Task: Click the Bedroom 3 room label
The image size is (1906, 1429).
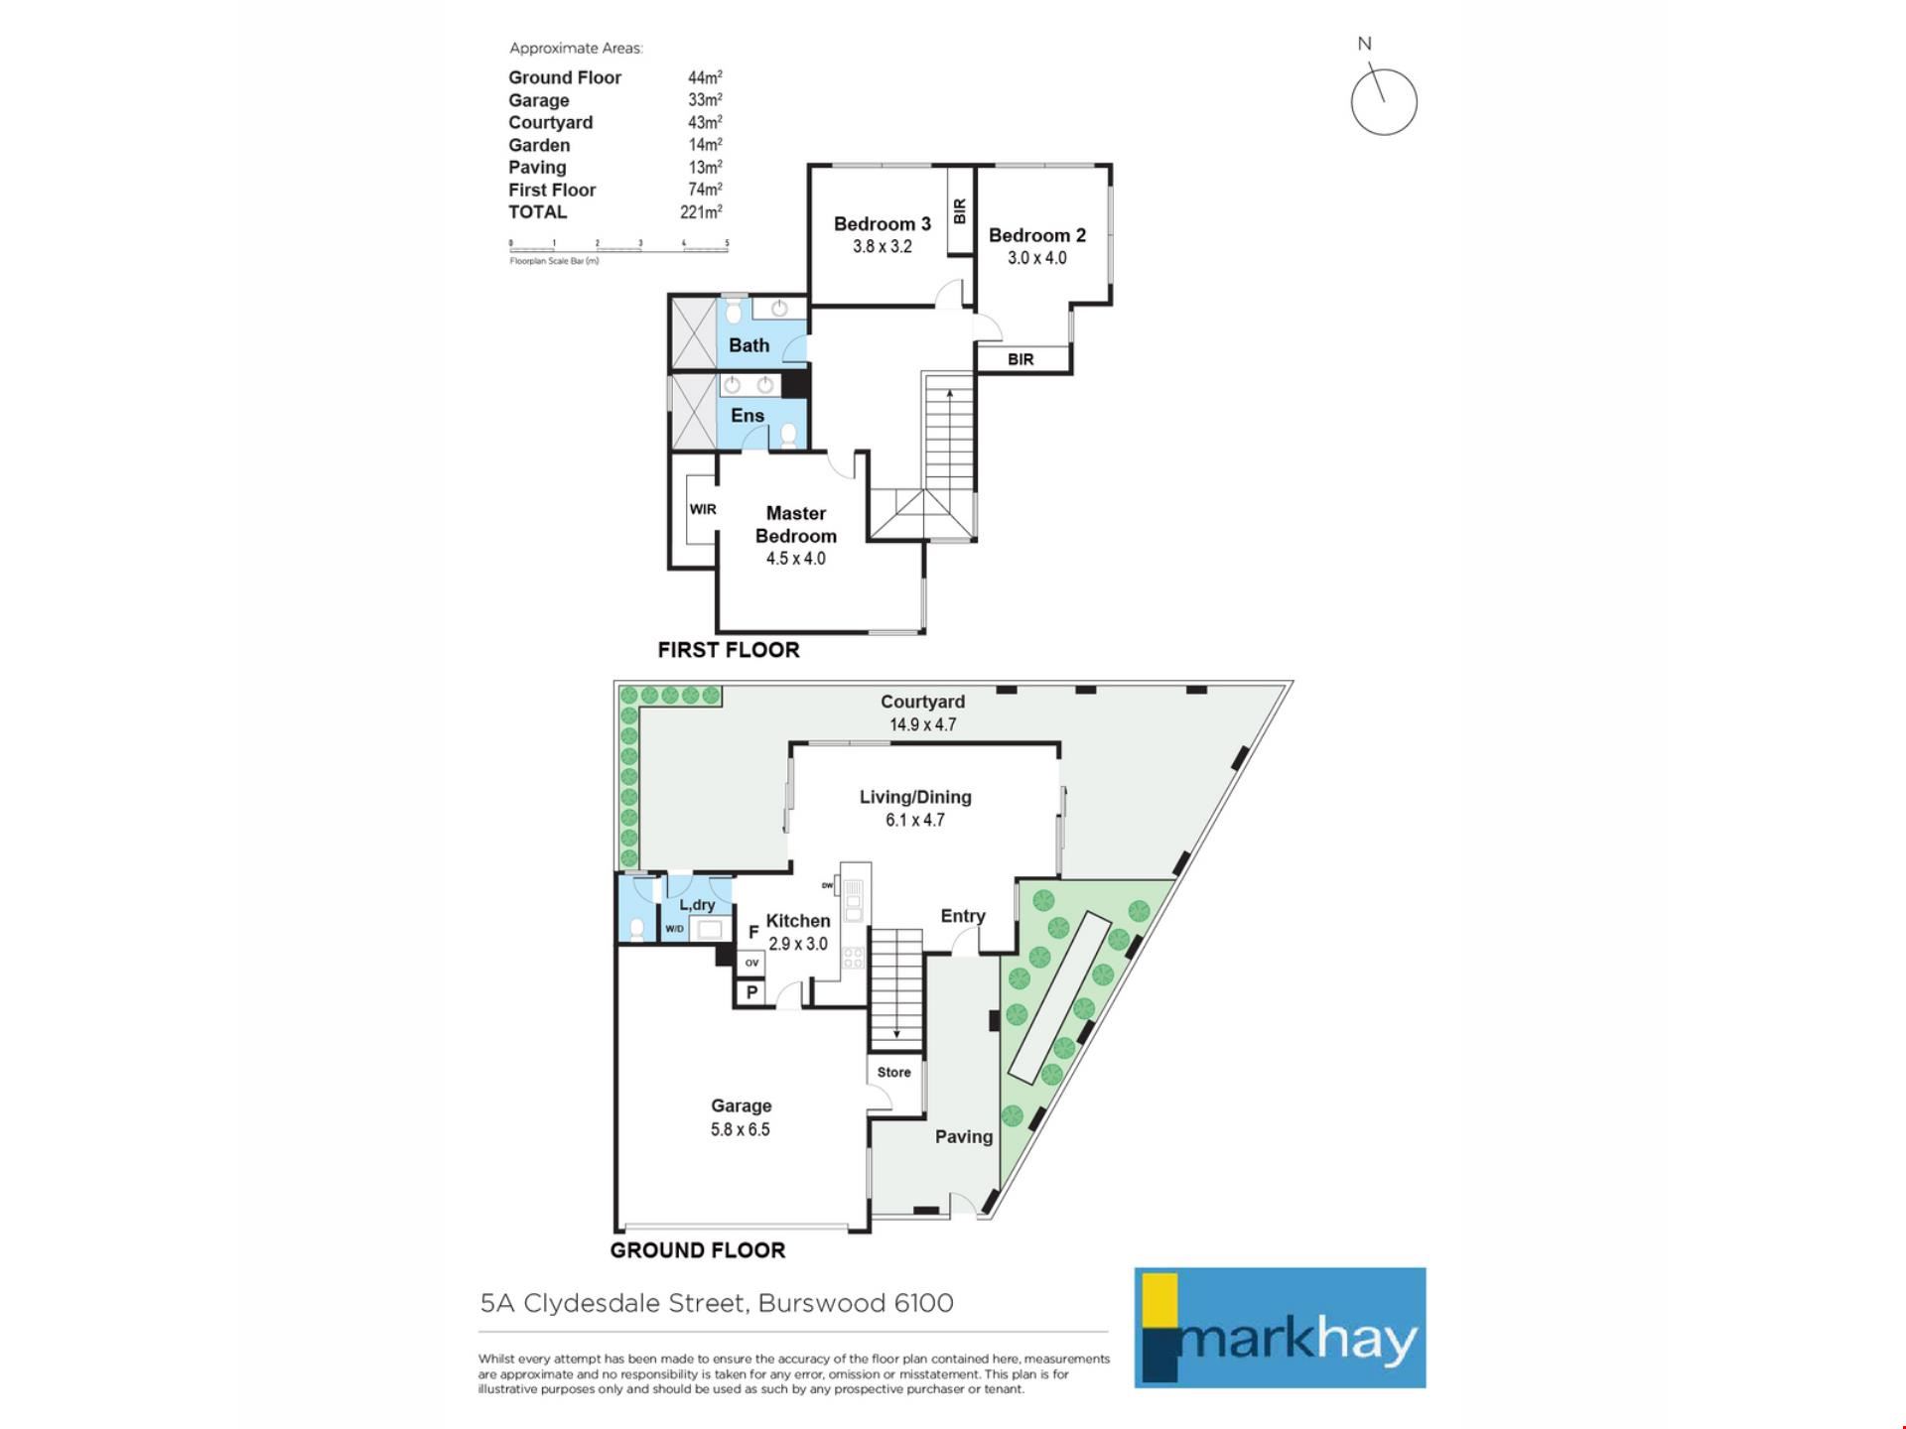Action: (x=882, y=224)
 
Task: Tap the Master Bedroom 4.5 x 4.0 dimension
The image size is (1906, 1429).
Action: (x=795, y=559)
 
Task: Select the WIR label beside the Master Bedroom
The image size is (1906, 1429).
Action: (x=703, y=509)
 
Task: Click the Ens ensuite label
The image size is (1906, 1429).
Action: (x=748, y=416)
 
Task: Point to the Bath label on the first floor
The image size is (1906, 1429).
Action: (x=749, y=345)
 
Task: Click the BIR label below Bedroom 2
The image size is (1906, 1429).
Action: (x=1021, y=359)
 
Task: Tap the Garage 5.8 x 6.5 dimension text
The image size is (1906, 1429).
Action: (x=740, y=1129)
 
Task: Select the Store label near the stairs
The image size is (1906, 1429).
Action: (x=893, y=1072)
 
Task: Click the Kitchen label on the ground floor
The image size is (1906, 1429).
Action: (x=798, y=921)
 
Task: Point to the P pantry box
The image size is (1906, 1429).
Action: (x=751, y=992)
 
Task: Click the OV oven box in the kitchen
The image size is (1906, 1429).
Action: (x=751, y=963)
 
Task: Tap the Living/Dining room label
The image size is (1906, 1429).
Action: (x=915, y=797)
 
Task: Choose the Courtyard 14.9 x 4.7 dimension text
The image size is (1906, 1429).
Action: (x=922, y=724)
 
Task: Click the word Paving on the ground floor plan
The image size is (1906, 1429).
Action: (x=964, y=1137)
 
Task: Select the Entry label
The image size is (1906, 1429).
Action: (x=963, y=916)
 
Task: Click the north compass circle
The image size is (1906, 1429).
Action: (x=1384, y=102)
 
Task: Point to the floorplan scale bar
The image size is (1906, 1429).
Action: (x=618, y=245)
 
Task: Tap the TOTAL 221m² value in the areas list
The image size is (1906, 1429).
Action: (x=701, y=212)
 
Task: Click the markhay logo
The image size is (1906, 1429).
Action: (x=1281, y=1328)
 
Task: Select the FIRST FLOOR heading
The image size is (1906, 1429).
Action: (x=729, y=650)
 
